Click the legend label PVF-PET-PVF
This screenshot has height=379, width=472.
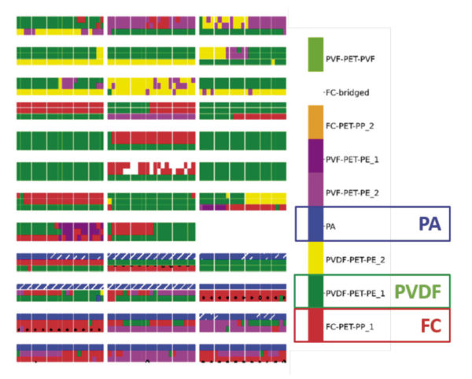point(350,59)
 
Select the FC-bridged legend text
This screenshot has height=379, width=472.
point(348,92)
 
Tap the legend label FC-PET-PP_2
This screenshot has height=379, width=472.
point(350,126)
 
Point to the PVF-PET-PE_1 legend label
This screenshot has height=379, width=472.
point(352,159)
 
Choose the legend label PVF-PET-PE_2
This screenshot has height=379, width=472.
point(352,193)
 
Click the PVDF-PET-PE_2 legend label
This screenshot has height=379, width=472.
point(356,259)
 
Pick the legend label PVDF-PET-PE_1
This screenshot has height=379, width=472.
point(356,293)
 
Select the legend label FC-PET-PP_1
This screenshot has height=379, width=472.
point(350,326)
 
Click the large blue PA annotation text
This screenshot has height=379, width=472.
point(430,224)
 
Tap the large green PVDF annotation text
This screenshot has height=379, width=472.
point(418,292)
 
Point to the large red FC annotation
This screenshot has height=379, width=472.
point(431,325)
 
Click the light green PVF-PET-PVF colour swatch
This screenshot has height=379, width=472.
point(315,54)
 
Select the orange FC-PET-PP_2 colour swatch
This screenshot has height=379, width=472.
point(315,122)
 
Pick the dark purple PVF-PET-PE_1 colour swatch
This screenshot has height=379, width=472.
point(315,155)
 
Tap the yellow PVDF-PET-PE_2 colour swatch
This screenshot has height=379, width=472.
point(315,258)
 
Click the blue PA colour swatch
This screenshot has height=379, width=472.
point(315,224)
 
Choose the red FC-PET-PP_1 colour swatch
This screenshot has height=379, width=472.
point(315,325)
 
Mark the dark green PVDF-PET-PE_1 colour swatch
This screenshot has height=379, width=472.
point(315,292)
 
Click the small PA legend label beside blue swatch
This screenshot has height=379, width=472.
point(330,226)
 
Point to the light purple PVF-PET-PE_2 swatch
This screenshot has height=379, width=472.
point(315,189)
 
